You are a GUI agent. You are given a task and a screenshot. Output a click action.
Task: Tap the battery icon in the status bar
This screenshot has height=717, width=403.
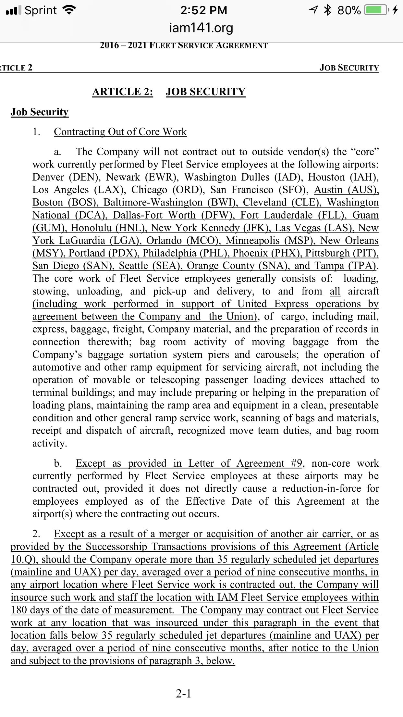tap(376, 10)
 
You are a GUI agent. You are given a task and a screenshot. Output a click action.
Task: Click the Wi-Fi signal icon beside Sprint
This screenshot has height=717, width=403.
tap(69, 10)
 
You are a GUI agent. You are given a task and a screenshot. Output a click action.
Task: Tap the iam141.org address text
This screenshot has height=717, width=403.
tap(201, 28)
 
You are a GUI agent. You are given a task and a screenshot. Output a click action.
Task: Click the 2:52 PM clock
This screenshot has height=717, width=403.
tap(204, 10)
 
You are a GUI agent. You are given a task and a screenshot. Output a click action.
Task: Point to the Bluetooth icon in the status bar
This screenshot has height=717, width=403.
tap(328, 10)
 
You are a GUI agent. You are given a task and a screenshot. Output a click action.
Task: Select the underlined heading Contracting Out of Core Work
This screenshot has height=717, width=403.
tap(120, 132)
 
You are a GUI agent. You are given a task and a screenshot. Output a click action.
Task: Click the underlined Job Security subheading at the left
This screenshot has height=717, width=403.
tap(40, 112)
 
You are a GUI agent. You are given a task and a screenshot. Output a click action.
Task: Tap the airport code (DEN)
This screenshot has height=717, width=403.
tap(84, 177)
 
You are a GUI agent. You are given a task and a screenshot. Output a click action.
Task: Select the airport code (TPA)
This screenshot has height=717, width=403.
tap(362, 266)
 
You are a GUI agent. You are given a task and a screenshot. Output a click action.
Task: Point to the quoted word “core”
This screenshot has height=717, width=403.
tap(365, 152)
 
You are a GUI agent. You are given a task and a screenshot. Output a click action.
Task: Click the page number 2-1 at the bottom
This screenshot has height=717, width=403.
tap(184, 693)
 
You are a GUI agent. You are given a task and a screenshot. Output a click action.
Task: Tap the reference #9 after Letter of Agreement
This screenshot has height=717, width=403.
tap(296, 463)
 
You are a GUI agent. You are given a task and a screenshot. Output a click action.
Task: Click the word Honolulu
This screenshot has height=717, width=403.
tap(92, 228)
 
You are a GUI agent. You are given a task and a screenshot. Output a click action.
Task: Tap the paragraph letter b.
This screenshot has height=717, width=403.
tap(58, 463)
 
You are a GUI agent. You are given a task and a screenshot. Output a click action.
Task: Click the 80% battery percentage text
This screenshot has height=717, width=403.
tap(349, 10)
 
